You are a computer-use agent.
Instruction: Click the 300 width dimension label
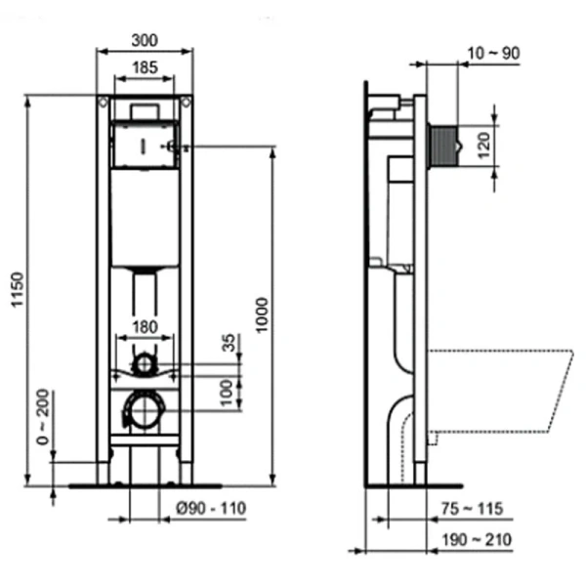pos(145,40)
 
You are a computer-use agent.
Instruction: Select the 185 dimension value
pos(145,66)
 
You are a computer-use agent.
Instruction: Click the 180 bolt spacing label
pos(145,326)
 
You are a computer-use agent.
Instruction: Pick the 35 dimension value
pos(230,344)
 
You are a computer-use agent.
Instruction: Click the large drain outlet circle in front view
pos(145,408)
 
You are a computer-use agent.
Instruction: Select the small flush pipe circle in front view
pos(145,364)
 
